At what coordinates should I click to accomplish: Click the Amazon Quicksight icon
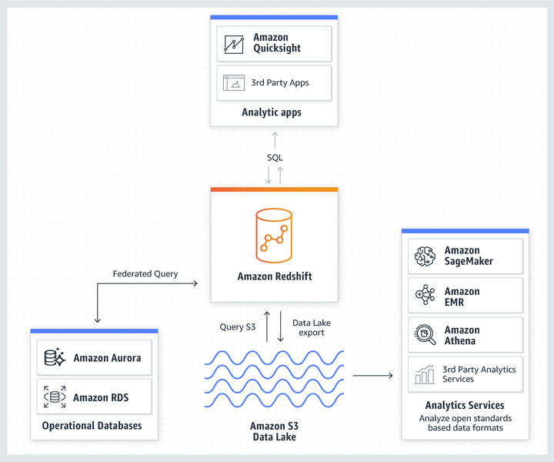tap(234, 43)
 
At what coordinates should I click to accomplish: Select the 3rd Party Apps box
tap(274, 82)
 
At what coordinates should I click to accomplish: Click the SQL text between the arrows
tap(275, 157)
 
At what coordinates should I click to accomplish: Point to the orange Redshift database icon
tap(273, 234)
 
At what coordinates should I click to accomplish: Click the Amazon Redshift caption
tap(275, 276)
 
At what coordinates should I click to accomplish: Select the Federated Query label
tap(145, 273)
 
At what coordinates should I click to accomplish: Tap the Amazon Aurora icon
tap(55, 358)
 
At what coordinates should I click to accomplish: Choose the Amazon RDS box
tap(94, 397)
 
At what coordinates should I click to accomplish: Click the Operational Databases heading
tap(92, 426)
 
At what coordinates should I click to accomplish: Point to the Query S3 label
tap(238, 327)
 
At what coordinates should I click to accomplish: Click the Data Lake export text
tap(312, 327)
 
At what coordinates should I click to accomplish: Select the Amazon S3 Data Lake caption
tap(274, 431)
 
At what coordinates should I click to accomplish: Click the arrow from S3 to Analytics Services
tap(373, 376)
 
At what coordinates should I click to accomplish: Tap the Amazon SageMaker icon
tap(426, 256)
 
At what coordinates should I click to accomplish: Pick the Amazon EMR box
tap(466, 296)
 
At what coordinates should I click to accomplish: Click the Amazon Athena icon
tap(426, 335)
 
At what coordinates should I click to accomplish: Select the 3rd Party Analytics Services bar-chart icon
tap(425, 374)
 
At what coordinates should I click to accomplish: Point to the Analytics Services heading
tap(465, 405)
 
